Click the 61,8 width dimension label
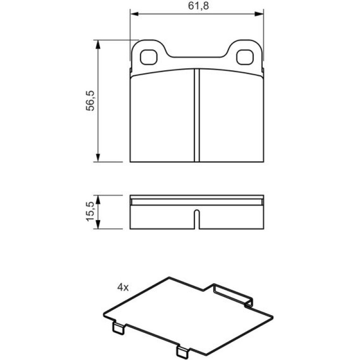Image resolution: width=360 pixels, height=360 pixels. coord(198,6)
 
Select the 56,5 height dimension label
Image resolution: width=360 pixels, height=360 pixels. coord(90,101)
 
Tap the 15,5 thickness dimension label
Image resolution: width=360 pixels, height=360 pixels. coord(90,211)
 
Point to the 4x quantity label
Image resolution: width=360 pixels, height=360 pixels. coord(123,287)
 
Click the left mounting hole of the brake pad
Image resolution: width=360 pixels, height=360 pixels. coord(149,57)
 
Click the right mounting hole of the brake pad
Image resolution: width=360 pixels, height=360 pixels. coord(245,57)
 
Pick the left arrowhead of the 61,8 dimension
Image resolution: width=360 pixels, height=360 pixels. coord(134,14)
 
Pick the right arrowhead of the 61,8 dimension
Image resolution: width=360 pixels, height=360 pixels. coord(259,14)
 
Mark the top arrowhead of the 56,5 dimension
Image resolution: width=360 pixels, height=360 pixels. coord(98,44)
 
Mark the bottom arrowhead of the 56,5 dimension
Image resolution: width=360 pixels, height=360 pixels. coord(98,158)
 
